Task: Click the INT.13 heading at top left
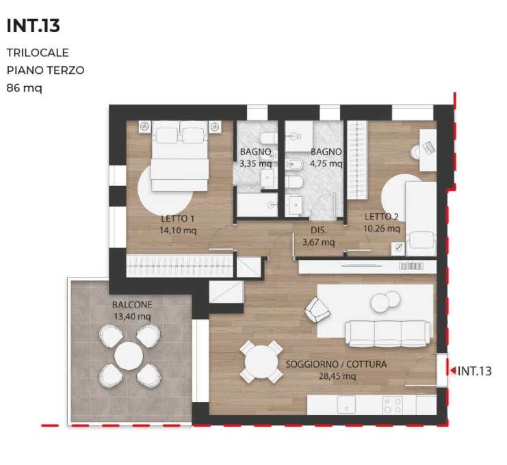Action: (34, 26)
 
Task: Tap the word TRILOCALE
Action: (38, 53)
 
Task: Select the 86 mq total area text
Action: (24, 88)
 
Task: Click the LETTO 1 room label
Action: (177, 219)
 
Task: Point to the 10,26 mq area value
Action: (382, 229)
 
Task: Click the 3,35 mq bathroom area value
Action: (255, 163)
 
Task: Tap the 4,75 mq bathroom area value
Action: (326, 163)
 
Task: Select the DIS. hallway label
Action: (319, 230)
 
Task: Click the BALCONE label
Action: (132, 304)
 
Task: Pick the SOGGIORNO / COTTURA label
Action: (336, 364)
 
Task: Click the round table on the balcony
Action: (129, 356)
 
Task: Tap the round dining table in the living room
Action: (261, 362)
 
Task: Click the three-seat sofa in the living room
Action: (389, 334)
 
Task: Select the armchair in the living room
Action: (317, 310)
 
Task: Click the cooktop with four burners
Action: (392, 406)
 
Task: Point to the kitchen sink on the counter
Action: (346, 405)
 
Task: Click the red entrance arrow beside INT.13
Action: (453, 371)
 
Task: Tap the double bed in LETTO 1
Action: (180, 156)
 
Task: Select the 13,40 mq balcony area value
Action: (132, 317)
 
